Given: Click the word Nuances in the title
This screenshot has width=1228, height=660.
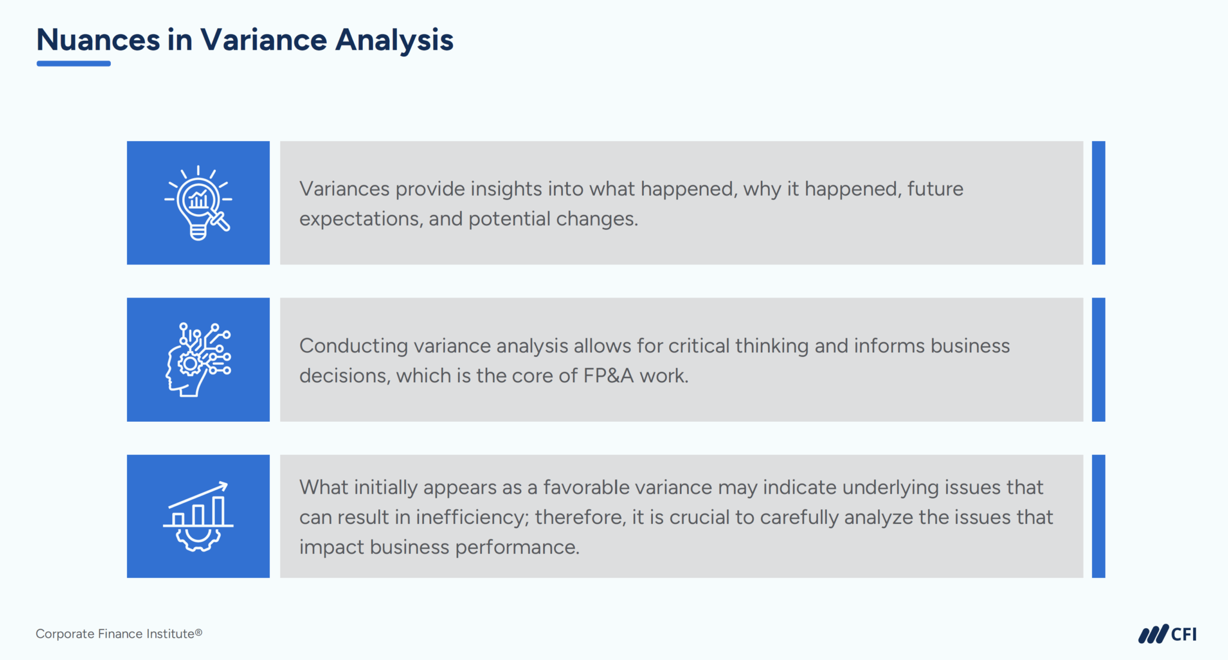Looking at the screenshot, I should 98,40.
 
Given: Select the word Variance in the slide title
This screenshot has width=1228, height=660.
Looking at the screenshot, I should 263,40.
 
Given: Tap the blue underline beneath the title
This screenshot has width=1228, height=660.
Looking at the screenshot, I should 74,64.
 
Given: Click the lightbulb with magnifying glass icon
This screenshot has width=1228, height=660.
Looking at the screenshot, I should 198,203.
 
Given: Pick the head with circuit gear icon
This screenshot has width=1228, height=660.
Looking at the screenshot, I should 198,359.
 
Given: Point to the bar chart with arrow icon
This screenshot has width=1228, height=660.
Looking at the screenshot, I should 198,517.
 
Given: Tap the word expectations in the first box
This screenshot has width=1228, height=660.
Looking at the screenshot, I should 360,219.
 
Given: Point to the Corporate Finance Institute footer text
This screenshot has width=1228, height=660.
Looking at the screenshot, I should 119,634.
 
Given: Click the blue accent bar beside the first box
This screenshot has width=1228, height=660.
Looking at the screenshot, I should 1098,203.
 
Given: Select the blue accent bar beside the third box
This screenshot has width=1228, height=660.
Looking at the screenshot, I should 1098,517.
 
